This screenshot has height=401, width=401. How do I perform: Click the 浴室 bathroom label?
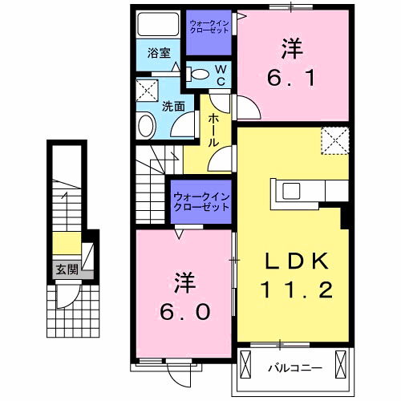pos(158,54)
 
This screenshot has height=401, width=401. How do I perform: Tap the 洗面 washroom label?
pos(173,106)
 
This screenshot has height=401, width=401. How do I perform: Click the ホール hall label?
pos(214,129)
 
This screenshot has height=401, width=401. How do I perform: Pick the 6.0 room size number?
pos(184,310)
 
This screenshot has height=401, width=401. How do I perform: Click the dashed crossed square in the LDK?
pos(334,140)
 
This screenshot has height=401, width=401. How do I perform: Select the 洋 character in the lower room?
pos(184,282)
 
